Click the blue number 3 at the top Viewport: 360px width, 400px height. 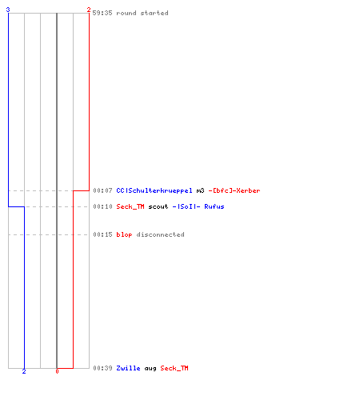8,10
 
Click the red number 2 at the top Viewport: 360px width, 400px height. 89,10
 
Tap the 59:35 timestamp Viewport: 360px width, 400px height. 102,13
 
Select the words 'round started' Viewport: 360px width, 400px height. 142,13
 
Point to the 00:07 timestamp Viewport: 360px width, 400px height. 102,190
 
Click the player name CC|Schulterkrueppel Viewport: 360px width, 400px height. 154,190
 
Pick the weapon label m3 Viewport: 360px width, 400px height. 200,190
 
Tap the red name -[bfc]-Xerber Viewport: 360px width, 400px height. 234,190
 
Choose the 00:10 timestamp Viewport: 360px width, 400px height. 102,206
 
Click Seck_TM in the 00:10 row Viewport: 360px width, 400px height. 130,206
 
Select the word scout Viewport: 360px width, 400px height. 158,206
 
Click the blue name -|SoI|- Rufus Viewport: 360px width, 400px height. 198,206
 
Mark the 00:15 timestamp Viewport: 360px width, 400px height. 102,234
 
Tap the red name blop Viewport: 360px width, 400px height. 124,234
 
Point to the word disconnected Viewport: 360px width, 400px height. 160,234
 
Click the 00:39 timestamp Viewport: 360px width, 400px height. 102,368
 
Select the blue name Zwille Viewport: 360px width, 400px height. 128,368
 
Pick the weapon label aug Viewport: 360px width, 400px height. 150,369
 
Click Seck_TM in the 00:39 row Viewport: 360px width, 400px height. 174,368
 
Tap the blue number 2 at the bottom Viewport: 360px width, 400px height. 24,371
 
